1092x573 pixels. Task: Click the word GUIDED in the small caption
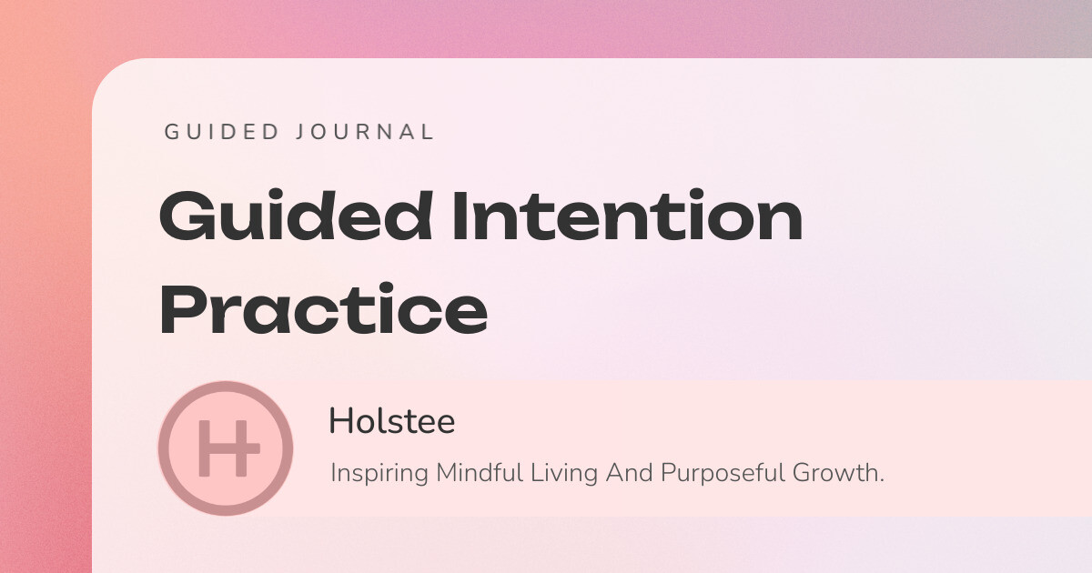click(222, 132)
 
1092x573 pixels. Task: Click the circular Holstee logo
click(225, 448)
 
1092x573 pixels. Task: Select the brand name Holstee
click(391, 421)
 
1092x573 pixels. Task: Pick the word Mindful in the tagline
click(479, 473)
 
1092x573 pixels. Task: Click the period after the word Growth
click(882, 481)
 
